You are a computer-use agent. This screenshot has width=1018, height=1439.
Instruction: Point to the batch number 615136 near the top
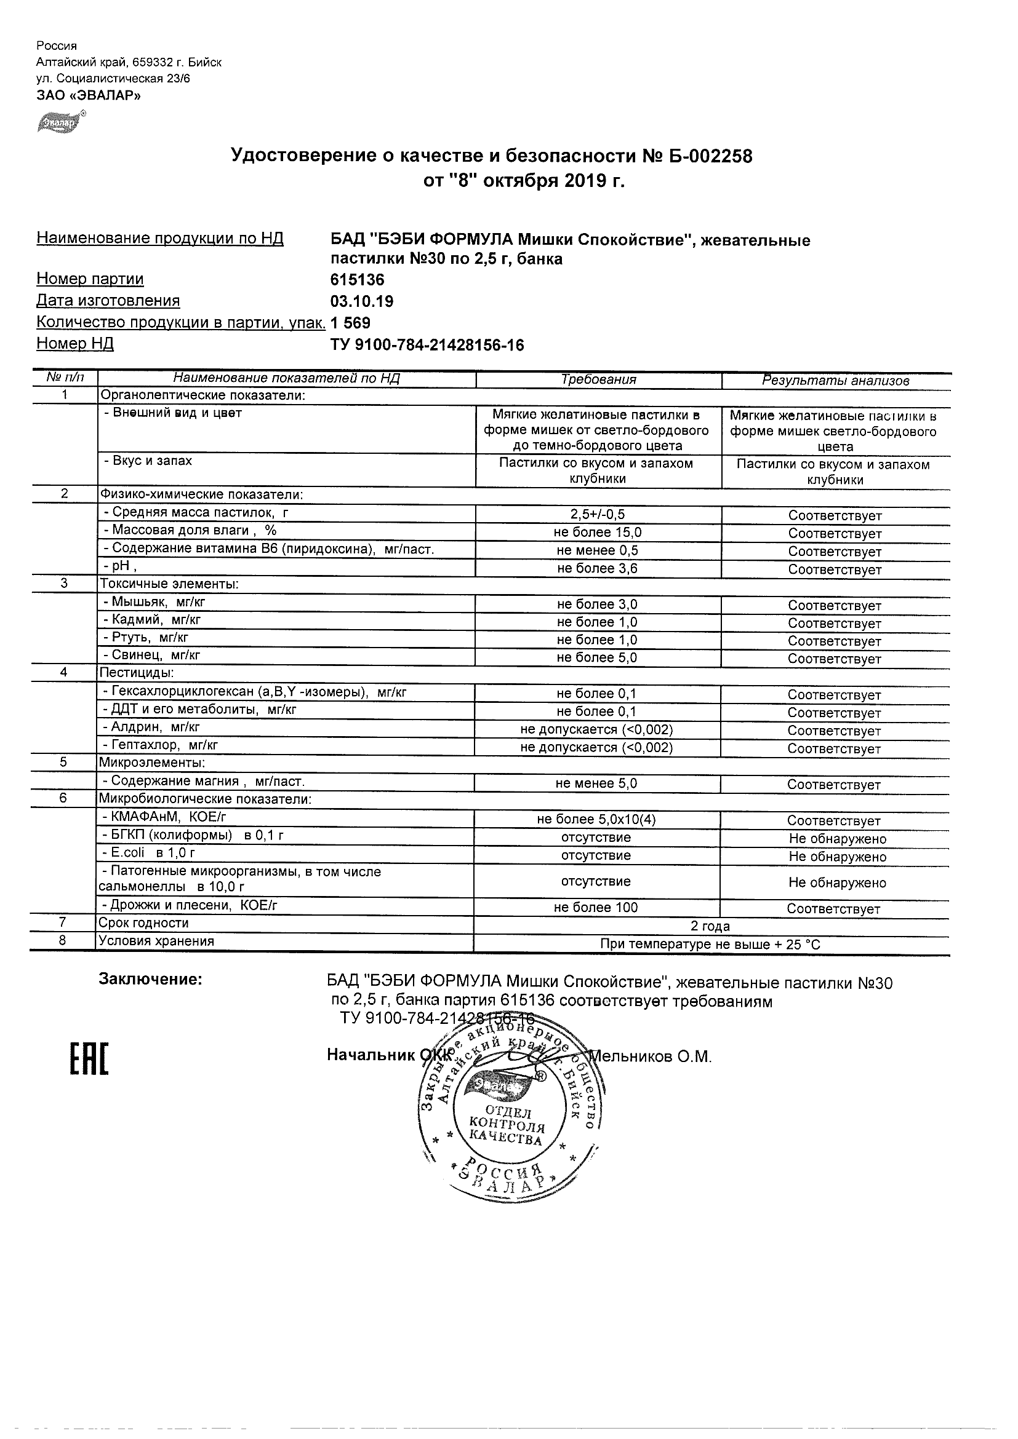click(357, 280)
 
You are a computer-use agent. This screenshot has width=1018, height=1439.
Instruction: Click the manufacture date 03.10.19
click(362, 301)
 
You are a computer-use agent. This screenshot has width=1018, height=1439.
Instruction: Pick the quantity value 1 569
click(351, 323)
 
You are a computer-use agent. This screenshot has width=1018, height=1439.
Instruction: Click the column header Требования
click(598, 379)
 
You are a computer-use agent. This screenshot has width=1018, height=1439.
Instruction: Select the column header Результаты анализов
click(835, 381)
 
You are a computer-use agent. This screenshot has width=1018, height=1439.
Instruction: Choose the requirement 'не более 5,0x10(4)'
click(596, 819)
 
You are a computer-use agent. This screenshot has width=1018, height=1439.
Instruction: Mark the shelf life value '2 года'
click(710, 926)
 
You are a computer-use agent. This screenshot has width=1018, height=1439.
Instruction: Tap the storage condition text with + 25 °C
click(710, 945)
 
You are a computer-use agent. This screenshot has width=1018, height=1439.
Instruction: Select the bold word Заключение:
click(151, 980)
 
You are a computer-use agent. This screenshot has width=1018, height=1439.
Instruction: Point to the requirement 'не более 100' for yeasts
click(596, 908)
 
